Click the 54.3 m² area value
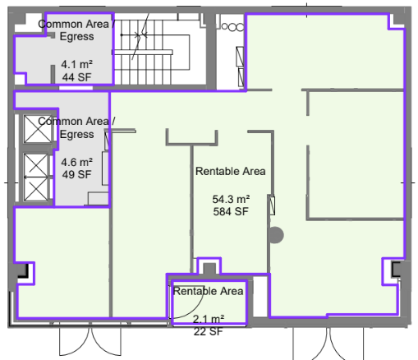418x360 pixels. point(231,199)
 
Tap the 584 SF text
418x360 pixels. point(231,211)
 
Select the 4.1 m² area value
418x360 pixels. point(76,64)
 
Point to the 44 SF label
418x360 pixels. point(76,77)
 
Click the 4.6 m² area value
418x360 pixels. point(76,162)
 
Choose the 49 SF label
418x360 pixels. point(76,174)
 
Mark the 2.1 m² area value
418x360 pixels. point(209,319)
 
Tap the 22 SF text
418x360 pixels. point(209,331)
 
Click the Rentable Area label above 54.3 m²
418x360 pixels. point(231,171)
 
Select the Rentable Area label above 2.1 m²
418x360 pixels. point(209,291)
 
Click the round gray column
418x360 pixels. point(276,235)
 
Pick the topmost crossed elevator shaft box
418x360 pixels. point(38,129)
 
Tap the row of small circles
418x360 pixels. point(232,27)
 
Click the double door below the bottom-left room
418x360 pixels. point(90,339)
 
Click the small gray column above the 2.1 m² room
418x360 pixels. point(209,269)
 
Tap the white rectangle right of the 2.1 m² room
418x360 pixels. point(260,297)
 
